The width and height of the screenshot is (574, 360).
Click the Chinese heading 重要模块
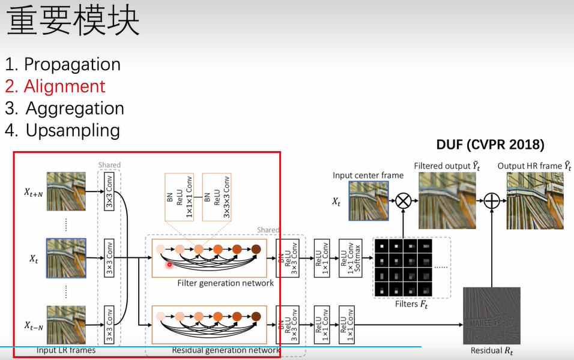pos(73,22)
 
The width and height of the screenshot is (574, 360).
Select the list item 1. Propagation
pos(63,64)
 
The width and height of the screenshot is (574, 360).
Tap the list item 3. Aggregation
pos(65,108)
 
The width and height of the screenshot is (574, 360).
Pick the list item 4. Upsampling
pos(63,130)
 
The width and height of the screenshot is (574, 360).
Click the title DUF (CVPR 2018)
pos(490,145)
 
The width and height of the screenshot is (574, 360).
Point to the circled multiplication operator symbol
pos(403,200)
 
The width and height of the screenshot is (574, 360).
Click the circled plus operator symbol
pos(492,200)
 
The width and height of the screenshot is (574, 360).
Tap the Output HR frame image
pos(534,200)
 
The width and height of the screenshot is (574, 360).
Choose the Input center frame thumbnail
pos(369,199)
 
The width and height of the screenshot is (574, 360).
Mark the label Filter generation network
pos(225,283)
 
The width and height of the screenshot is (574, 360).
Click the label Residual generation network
pos(226,350)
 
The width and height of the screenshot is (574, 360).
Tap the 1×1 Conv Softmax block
pos(346,259)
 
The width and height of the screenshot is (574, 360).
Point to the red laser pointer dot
pos(169,264)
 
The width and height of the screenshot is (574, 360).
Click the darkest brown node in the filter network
pos(256,249)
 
